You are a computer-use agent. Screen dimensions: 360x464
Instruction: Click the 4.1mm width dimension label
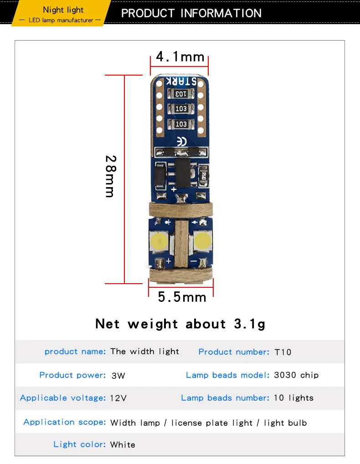coord(180,56)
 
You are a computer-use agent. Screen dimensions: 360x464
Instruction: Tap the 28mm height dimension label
coord(111,176)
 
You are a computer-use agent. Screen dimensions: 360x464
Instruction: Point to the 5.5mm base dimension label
coord(182,297)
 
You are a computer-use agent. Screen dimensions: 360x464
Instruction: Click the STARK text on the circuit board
coord(181,81)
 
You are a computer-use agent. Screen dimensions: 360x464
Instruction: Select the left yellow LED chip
coord(159,240)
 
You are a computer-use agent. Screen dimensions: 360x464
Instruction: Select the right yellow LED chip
coord(202,240)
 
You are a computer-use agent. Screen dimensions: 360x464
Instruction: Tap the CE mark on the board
coord(181,142)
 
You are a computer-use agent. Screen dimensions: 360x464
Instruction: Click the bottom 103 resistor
coord(181,124)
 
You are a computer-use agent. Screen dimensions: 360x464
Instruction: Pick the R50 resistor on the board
coord(203,175)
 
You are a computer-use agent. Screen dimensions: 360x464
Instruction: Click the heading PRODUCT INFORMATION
coord(191,13)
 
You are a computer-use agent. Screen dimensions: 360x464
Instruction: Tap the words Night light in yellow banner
coord(63,10)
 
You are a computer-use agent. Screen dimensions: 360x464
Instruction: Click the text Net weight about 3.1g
coord(180,324)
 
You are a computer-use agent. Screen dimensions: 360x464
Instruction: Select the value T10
coord(283,352)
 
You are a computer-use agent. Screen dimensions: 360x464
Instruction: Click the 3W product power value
coord(118,376)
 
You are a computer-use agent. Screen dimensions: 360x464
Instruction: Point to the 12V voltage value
coord(118,398)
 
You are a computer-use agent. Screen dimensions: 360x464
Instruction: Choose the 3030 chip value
coord(296,375)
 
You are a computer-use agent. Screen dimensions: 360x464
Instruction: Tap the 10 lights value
coord(293,398)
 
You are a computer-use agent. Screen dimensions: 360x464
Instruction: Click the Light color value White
coord(123,444)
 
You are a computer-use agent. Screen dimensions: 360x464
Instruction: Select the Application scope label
coord(65,422)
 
